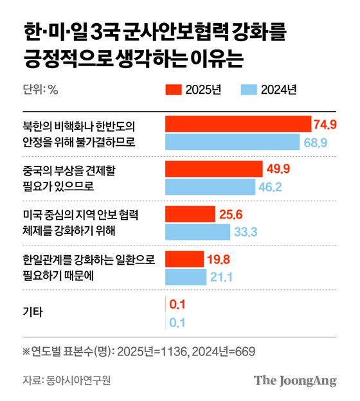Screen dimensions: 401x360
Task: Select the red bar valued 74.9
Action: point(239,124)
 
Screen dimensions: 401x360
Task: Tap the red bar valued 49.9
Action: point(214,169)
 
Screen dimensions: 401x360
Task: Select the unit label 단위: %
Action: point(40,90)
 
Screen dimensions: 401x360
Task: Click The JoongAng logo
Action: point(295,380)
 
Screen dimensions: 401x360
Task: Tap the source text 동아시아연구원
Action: point(78,380)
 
